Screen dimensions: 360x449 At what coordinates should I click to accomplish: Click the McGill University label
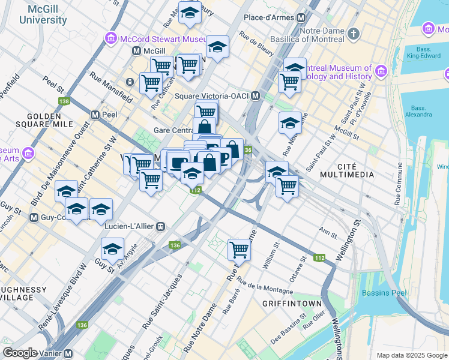point(43,15)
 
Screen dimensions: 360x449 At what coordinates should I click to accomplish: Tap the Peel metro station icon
point(95,115)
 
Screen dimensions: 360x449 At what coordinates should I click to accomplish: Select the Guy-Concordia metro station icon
point(34,217)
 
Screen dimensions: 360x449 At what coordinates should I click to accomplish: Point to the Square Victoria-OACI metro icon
point(256,96)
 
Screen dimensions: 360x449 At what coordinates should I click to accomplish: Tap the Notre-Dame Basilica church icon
point(354,33)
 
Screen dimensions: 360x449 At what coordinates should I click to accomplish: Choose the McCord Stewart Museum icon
point(110,39)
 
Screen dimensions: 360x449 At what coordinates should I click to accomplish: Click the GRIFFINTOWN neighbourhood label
point(292,304)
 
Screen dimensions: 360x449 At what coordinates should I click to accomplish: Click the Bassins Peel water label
point(384,293)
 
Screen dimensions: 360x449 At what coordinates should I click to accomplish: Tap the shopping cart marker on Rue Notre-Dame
point(239,248)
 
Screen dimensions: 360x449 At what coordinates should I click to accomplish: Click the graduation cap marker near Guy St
point(112,248)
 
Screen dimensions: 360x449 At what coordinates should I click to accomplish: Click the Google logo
point(20,353)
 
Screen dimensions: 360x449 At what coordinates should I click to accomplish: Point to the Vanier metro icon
point(69,353)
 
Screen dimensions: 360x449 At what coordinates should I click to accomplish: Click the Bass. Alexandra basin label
point(418,112)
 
